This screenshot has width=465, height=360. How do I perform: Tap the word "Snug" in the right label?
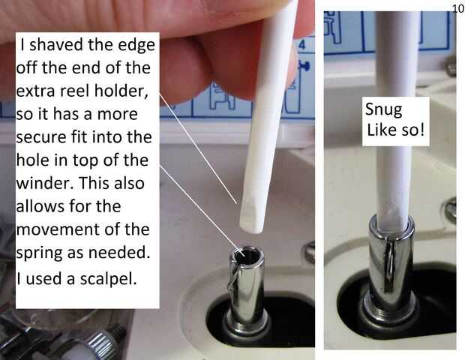tap(383, 110)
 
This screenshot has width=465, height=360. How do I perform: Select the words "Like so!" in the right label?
tap(395, 130)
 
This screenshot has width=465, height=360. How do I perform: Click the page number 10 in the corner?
tap(458, 9)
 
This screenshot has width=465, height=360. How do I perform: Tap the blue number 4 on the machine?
tap(301, 45)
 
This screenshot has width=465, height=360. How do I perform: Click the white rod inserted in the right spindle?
tap(394, 118)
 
